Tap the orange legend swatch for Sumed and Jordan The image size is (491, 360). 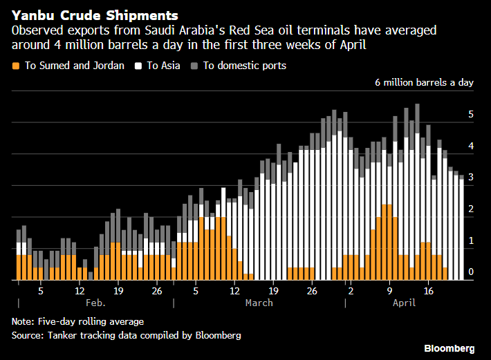point(16,66)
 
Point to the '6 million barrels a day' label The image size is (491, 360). point(424,82)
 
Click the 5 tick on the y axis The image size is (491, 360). point(471,115)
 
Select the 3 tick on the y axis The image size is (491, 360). point(471,178)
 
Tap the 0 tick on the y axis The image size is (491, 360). point(471,272)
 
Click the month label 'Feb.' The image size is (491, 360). point(96,303)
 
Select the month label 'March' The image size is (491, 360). point(259,303)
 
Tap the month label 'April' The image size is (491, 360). point(404,303)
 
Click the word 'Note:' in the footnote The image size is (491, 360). point(24,321)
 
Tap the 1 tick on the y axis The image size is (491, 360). point(471,240)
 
